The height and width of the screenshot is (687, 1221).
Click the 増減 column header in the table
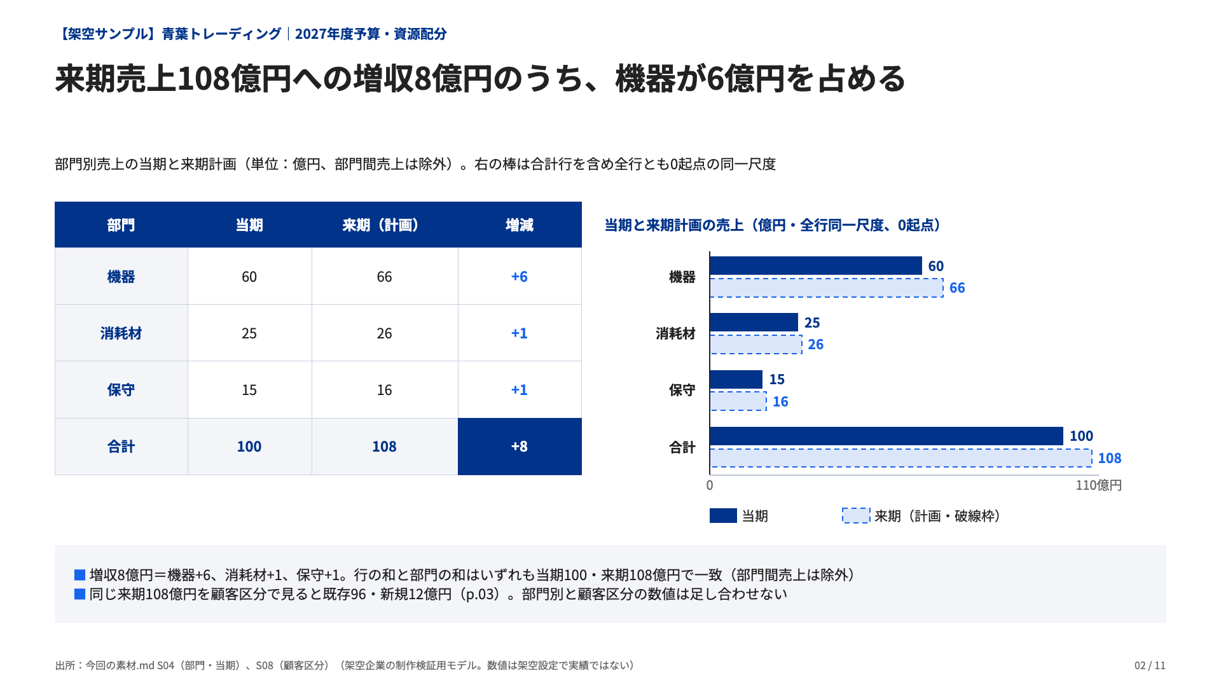pyautogui.click(x=520, y=225)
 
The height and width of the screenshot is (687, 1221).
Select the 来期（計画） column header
pyautogui.click(x=384, y=225)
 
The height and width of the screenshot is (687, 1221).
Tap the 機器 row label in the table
pyautogui.click(x=121, y=277)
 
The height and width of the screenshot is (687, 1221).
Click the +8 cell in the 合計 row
pyautogui.click(x=520, y=447)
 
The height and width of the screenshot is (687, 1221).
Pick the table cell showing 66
pyautogui.click(x=384, y=277)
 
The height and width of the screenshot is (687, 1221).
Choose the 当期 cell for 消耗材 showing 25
pyautogui.click(x=249, y=333)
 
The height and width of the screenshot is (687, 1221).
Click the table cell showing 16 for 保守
pyautogui.click(x=384, y=390)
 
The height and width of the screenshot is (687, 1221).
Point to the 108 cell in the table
pyautogui.click(x=384, y=447)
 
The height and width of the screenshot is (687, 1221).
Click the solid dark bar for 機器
pyautogui.click(x=816, y=266)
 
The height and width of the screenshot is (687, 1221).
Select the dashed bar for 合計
pyautogui.click(x=901, y=458)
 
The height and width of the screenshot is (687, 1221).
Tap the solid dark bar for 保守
pyautogui.click(x=736, y=380)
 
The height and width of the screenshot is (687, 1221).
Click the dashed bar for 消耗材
pyautogui.click(x=756, y=345)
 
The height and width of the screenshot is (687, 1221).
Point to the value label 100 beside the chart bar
pyautogui.click(x=1081, y=436)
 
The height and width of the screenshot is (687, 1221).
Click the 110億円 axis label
pyautogui.click(x=1098, y=485)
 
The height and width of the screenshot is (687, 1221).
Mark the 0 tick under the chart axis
pyautogui.click(x=710, y=485)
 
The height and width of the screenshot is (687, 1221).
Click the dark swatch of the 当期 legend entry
pyautogui.click(x=723, y=516)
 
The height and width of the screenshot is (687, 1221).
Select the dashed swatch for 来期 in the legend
pyautogui.click(x=856, y=516)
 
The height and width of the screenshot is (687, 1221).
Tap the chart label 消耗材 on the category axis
pyautogui.click(x=675, y=334)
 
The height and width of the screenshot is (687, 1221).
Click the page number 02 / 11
pyautogui.click(x=1150, y=665)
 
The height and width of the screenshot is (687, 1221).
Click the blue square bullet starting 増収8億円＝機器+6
pyautogui.click(x=80, y=575)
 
